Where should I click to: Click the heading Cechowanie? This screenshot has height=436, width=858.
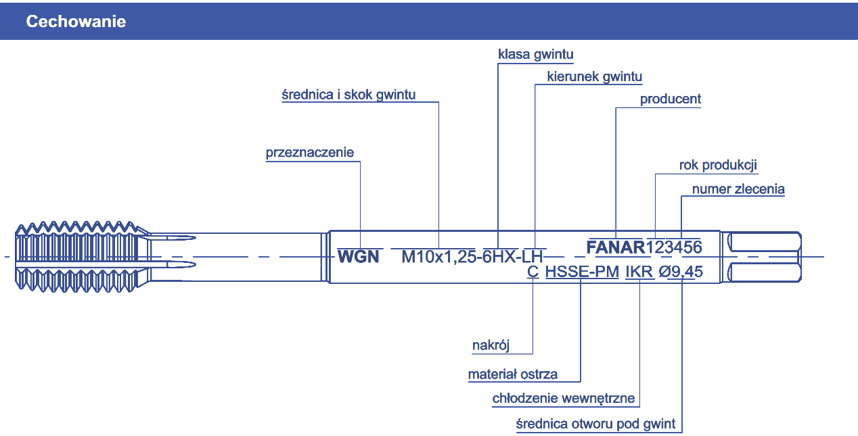coord(76,22)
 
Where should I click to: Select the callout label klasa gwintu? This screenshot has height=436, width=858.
coord(536,54)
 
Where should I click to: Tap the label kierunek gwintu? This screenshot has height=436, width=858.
coord(595,76)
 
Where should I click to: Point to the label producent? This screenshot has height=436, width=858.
coord(671,99)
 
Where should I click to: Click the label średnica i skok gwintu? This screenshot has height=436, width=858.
coord(348,95)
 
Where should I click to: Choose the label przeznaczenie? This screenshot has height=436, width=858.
coord(310,153)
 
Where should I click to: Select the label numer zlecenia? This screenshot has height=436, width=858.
coord(738,189)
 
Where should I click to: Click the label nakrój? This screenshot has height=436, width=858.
coord(491,346)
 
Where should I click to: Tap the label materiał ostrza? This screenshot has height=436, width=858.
coord(513,374)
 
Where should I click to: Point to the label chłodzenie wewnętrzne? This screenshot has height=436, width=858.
coord(564,398)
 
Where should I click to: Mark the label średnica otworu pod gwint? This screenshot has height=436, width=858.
coord(595,425)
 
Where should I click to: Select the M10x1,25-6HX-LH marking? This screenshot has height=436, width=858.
coord(473,257)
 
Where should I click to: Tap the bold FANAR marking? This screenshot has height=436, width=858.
coord(616,247)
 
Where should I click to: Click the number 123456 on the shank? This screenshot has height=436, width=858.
coord(674,247)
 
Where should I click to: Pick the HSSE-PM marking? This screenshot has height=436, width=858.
coord(582,272)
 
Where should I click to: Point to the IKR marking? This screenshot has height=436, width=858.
coord(639,272)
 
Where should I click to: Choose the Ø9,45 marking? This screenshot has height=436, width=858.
coord(680,272)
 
